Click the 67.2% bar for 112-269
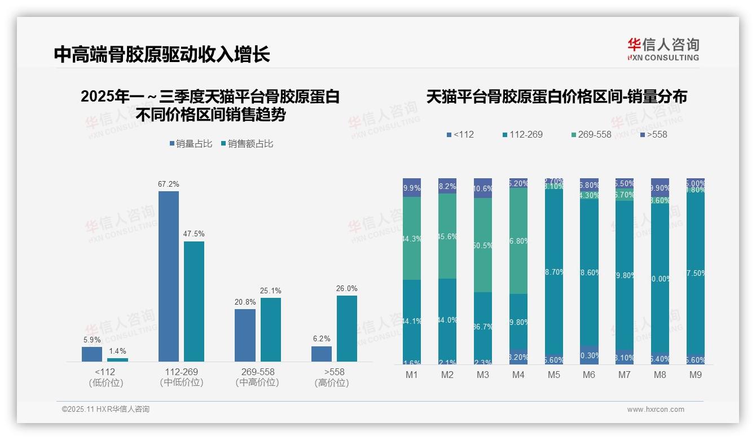[x=168, y=276]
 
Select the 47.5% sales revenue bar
[x=194, y=301]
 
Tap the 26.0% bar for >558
[x=346, y=328]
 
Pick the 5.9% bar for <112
[x=92, y=354]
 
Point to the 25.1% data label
[x=270, y=291]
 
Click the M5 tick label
[x=553, y=375]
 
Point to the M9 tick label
[x=695, y=375]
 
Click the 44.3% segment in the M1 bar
[x=412, y=238]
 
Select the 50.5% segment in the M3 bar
[x=482, y=245]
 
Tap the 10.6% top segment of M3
[x=482, y=188]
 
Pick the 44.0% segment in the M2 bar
[x=447, y=320]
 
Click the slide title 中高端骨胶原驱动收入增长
[x=162, y=54]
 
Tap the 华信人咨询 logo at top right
[x=663, y=49]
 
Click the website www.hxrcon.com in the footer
[x=656, y=410]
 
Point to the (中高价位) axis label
[x=257, y=382]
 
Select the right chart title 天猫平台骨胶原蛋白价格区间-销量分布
[x=556, y=96]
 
